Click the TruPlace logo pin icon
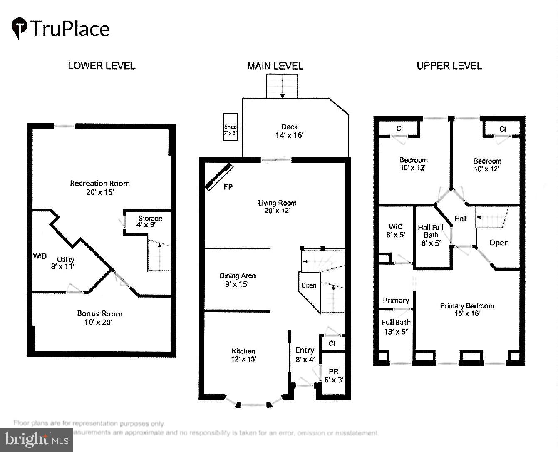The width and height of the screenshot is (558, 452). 19,28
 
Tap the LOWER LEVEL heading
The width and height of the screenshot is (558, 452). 102,66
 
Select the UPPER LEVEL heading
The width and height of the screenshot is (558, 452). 449,66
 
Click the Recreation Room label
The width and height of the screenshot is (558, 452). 100,184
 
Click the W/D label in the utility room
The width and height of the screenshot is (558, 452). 40,256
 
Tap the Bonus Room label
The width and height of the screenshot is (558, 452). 99,314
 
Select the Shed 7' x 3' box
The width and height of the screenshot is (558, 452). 230,127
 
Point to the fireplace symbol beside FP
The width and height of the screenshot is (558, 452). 219,177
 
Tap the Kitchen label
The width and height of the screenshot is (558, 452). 243,351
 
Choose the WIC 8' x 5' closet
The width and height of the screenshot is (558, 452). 395,231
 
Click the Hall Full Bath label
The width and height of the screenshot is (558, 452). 431,231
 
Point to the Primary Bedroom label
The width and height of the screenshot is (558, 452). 467,306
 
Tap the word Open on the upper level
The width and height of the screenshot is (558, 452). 498,243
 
